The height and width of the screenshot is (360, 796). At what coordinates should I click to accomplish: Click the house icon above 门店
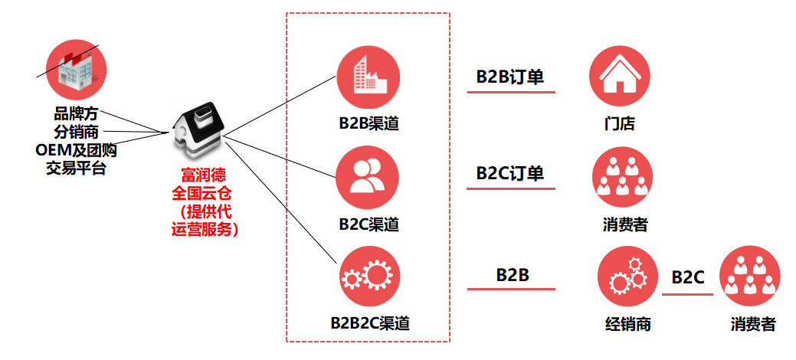(x=619, y=77)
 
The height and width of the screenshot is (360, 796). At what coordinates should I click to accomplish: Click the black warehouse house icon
(x=198, y=128)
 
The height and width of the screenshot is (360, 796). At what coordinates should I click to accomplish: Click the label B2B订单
(x=510, y=77)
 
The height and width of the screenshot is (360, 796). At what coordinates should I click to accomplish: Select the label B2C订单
(x=510, y=173)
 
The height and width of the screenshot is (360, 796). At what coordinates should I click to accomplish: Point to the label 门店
(x=619, y=124)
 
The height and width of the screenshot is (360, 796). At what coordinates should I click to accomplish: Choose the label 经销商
(x=627, y=324)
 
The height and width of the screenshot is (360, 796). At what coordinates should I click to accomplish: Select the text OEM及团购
(x=77, y=149)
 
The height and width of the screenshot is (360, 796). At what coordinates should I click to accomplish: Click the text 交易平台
(x=77, y=166)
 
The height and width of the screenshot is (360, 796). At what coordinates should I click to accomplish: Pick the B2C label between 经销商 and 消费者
(x=688, y=277)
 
